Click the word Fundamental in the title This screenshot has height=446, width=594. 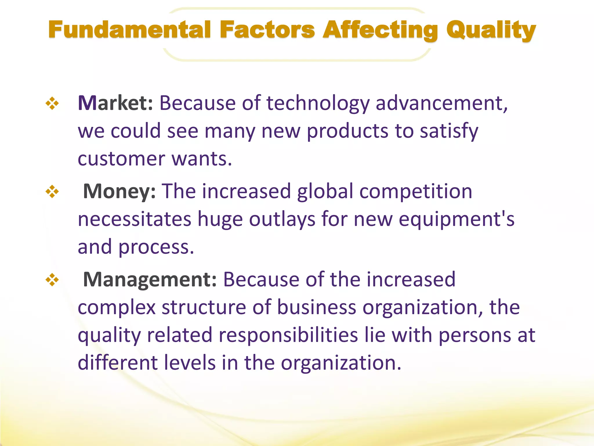(x=129, y=30)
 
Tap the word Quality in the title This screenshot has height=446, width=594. (x=491, y=30)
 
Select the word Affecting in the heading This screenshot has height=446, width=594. (x=381, y=30)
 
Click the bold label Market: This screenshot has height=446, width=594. (x=115, y=103)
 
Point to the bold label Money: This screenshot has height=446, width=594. (x=119, y=191)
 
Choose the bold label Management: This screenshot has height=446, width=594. (x=150, y=280)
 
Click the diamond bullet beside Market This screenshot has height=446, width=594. (x=52, y=104)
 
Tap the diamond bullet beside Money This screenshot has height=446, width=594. (x=52, y=192)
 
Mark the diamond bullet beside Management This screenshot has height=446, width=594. (x=52, y=280)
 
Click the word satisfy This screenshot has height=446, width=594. (x=449, y=131)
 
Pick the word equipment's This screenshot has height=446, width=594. (x=456, y=220)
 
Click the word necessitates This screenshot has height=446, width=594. (x=135, y=219)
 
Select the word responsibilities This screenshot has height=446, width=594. (x=288, y=335)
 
